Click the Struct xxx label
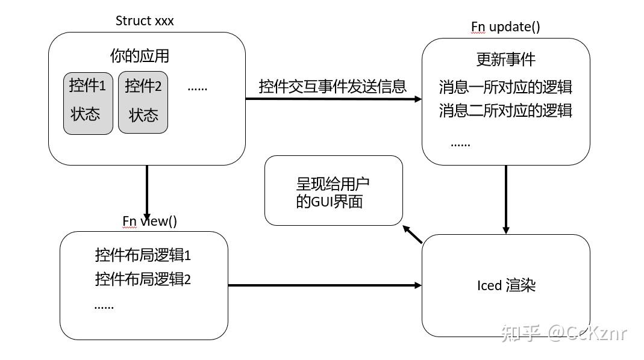[x=145, y=21]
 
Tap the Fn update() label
[x=505, y=27]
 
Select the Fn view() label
[x=150, y=221]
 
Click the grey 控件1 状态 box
[x=88, y=103]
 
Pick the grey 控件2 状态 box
[x=143, y=103]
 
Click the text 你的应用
[x=139, y=57]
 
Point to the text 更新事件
[x=505, y=60]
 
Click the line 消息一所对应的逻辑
[x=505, y=87]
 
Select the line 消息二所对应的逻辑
[x=505, y=111]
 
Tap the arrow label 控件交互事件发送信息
[x=333, y=86]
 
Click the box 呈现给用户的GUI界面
[x=333, y=191]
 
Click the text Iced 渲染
[x=506, y=285]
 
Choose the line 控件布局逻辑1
[x=143, y=255]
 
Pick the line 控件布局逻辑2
[x=143, y=279]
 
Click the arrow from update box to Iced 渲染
[x=506, y=199]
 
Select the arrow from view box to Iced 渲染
[x=325, y=285]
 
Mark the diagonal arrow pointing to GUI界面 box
[x=413, y=234]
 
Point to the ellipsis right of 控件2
[x=197, y=88]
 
